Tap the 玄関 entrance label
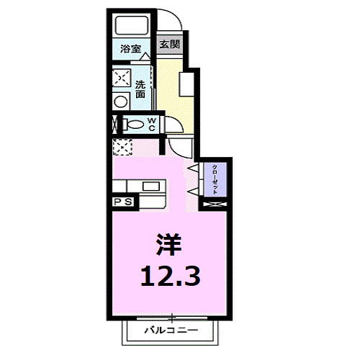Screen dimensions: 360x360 point(168,44)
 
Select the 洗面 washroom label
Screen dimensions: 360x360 point(140,89)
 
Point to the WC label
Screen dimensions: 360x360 point(153,124)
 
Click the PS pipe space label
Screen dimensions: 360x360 point(122,202)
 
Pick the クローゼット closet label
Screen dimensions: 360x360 point(215,178)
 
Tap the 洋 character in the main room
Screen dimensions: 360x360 point(168,246)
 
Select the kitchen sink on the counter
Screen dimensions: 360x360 point(150,186)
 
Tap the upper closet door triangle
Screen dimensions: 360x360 point(193,168)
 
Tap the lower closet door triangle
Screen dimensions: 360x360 point(193,190)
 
